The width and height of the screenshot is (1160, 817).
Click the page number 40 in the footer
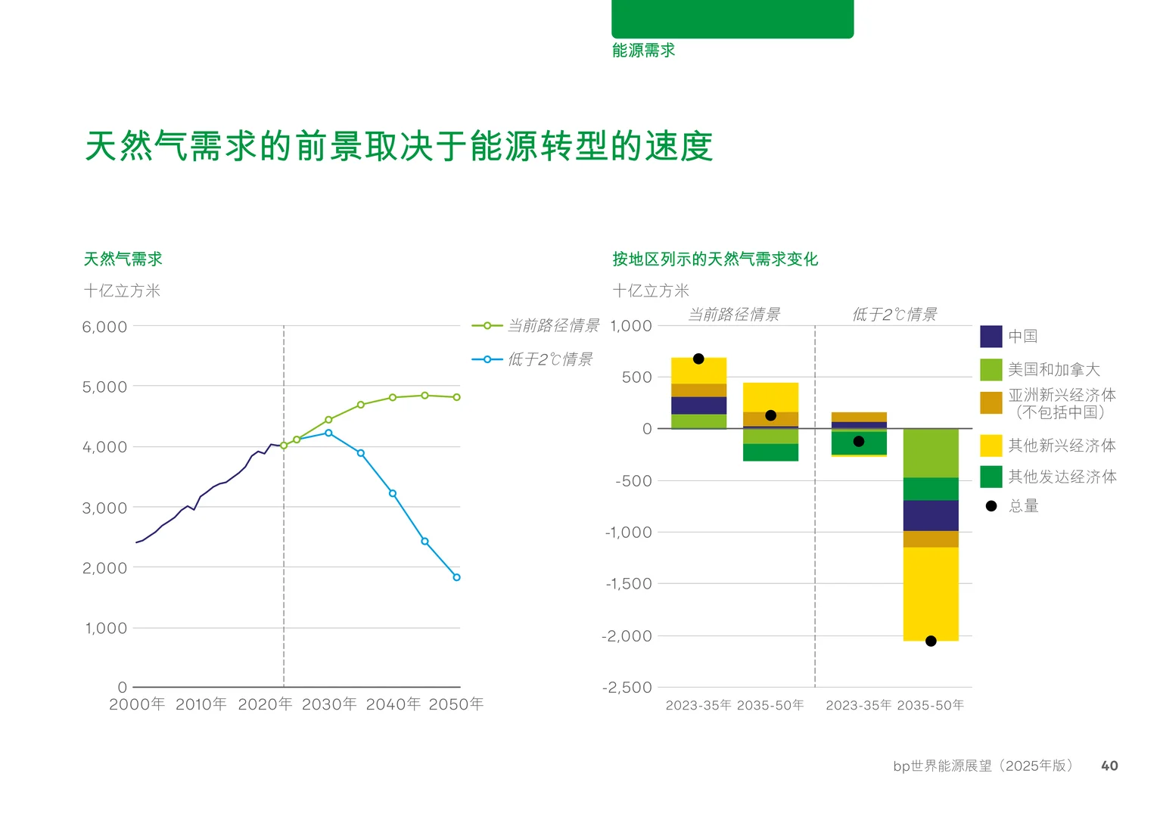pyautogui.click(x=1109, y=766)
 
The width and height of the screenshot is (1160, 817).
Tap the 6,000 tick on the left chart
pyautogui.click(x=104, y=327)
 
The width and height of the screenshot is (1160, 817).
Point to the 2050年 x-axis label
pyautogui.click(x=456, y=704)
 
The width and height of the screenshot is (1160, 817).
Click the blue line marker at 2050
pyautogui.click(x=456, y=577)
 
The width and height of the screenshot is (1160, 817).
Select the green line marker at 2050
pyautogui.click(x=456, y=397)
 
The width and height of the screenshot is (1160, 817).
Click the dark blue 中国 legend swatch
pyautogui.click(x=991, y=337)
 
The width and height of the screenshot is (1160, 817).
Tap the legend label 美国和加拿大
pyautogui.click(x=1053, y=370)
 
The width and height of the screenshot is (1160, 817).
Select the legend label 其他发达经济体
pyautogui.click(x=1062, y=477)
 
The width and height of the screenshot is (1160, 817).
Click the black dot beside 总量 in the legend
pyautogui.click(x=991, y=506)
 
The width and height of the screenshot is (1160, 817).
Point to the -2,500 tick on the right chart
pyautogui.click(x=627, y=688)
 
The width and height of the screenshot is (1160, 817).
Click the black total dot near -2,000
pyautogui.click(x=931, y=641)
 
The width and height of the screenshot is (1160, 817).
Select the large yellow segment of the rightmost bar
pyautogui.click(x=931, y=594)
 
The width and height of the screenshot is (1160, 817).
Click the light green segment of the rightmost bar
pyautogui.click(x=931, y=453)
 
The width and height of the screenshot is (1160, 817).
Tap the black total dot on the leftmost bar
pyautogui.click(x=698, y=359)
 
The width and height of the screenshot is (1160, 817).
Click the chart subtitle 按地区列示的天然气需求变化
pyautogui.click(x=715, y=259)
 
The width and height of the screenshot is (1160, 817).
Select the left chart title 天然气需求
pyautogui.click(x=123, y=259)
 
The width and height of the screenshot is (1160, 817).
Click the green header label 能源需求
pyautogui.click(x=643, y=51)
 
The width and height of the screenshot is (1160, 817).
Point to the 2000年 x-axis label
pyautogui.click(x=137, y=704)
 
